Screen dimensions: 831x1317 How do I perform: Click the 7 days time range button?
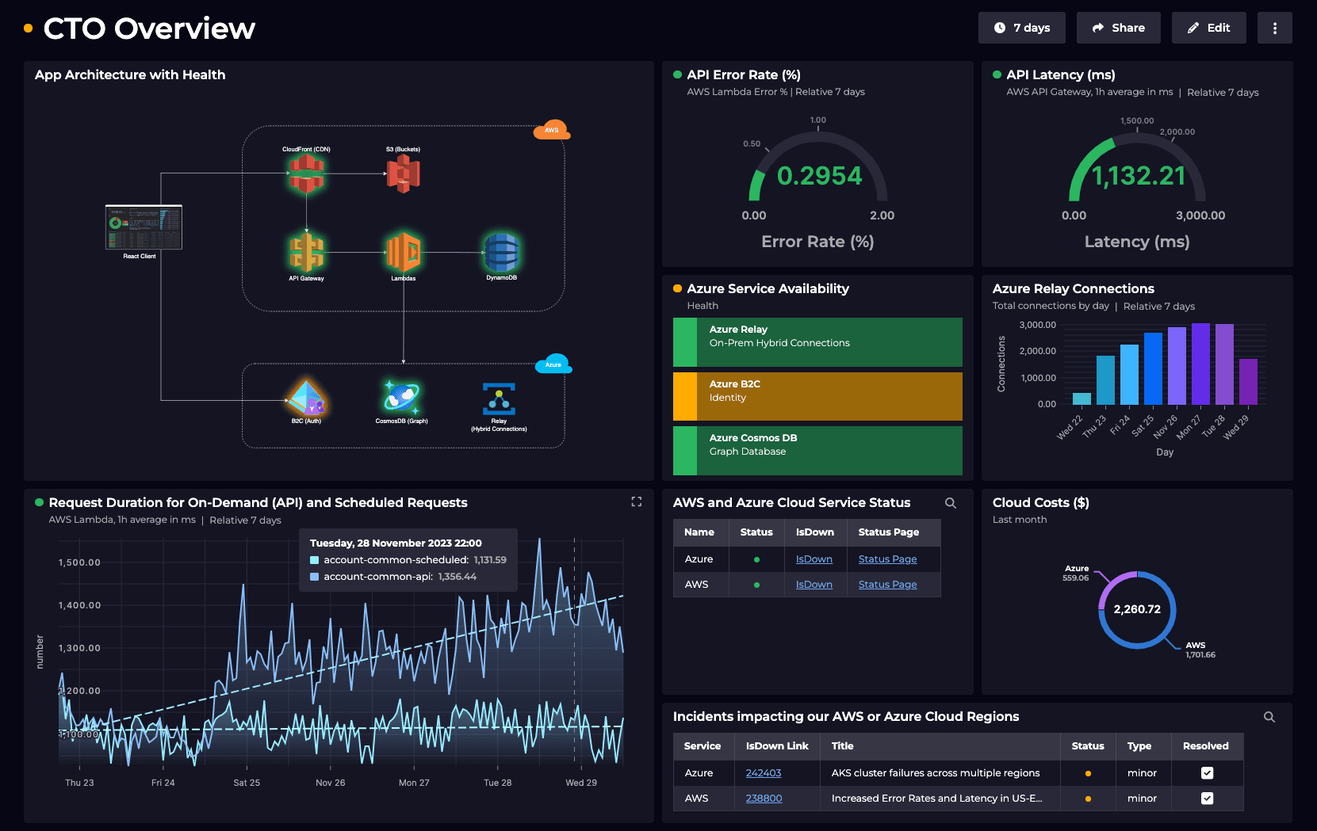[1021, 28]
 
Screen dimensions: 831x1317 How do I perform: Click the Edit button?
[1208, 28]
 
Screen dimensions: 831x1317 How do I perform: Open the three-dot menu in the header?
[1274, 28]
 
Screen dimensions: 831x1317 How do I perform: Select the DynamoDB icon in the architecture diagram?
[501, 253]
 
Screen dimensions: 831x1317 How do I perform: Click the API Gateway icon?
[306, 253]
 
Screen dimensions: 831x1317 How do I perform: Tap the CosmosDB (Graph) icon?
[402, 397]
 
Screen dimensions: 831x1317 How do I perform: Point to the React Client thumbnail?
[144, 227]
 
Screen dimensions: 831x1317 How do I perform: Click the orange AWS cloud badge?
[551, 130]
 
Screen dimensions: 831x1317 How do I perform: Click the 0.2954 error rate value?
[819, 176]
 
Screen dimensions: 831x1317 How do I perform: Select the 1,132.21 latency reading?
[1138, 176]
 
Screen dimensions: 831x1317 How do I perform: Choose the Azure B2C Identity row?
[817, 396]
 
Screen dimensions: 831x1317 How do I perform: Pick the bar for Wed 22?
[1082, 398]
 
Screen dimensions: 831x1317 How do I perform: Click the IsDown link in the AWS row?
[814, 585]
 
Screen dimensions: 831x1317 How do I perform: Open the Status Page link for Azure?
[887, 559]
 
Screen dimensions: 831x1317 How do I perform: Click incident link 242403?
[763, 773]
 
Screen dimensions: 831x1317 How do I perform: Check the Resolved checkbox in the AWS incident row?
[1207, 799]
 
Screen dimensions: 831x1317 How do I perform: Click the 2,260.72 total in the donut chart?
[1136, 609]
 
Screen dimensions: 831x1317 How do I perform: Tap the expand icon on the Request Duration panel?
[636, 501]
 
